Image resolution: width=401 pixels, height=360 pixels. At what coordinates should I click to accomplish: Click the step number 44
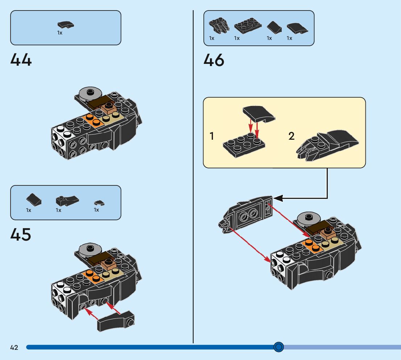[x=21, y=60]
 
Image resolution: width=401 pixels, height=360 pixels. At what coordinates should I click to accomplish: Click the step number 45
[x=21, y=235]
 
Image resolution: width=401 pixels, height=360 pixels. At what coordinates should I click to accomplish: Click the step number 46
[x=214, y=60]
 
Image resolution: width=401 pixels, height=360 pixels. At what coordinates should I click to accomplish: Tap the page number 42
[x=14, y=348]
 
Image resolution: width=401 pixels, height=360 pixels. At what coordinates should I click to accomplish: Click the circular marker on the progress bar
[x=278, y=347]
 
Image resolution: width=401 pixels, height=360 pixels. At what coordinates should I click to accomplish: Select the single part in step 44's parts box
[x=66, y=25]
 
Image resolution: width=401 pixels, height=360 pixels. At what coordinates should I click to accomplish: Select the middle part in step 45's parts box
[x=67, y=200]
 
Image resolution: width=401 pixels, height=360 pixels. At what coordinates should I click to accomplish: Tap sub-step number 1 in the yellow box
[x=212, y=137]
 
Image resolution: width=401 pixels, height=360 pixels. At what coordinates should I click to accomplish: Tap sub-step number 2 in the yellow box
[x=292, y=136]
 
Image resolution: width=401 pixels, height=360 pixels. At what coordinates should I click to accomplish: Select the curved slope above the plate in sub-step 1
[x=259, y=114]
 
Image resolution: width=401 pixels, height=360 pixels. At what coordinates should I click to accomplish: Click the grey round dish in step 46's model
[x=309, y=218]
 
